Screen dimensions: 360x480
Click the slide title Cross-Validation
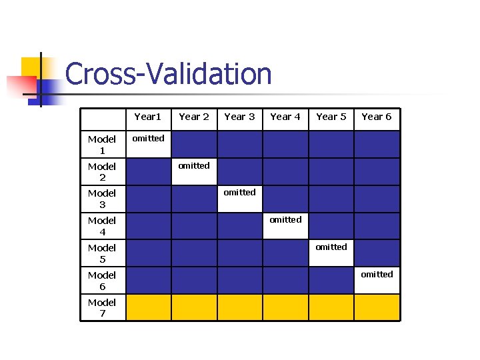coord(168,74)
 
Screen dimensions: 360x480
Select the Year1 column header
coord(148,117)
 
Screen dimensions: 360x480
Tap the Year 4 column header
coord(285,117)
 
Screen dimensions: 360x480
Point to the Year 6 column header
coord(377,117)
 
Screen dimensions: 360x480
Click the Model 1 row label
coord(102,145)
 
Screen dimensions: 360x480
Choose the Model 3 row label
coord(102,199)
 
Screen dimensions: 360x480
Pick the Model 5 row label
coord(102,253)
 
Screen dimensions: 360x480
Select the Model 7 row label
coord(102,308)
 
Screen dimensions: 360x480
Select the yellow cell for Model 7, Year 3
coord(239,307)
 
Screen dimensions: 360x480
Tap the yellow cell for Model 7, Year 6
coord(377,307)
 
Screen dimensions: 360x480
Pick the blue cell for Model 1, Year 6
coord(377,144)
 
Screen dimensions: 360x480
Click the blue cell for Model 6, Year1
coord(148,280)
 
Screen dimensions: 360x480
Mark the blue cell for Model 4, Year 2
coord(194,226)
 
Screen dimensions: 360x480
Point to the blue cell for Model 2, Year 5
coord(331,171)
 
